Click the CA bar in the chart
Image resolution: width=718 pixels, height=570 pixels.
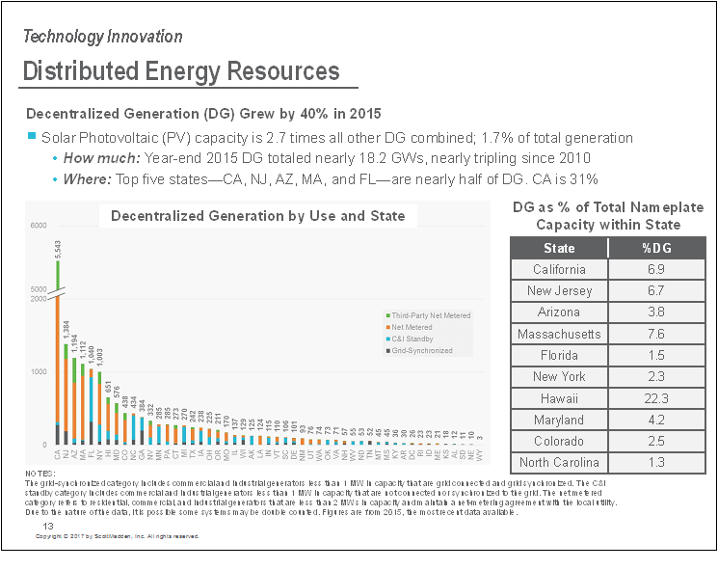point(58,366)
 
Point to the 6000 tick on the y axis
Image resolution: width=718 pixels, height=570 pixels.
point(38,226)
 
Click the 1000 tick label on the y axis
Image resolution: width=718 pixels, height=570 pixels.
point(38,372)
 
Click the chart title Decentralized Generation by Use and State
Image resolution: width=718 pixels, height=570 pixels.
point(257,215)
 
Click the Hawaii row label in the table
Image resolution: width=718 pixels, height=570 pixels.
point(559,398)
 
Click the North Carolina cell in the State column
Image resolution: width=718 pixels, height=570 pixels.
point(559,463)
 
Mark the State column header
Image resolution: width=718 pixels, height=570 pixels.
point(559,248)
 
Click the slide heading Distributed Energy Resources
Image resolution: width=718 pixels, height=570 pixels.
point(181,71)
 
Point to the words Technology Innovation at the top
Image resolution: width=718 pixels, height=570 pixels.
point(102,37)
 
